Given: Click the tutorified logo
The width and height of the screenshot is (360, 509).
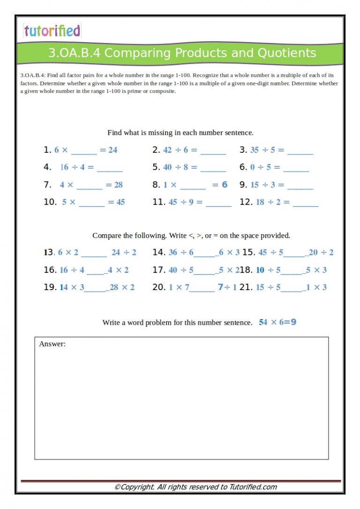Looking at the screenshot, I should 52,31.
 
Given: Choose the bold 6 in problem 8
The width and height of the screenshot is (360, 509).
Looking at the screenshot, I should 225,185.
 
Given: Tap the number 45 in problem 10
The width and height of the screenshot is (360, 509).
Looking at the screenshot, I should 120,202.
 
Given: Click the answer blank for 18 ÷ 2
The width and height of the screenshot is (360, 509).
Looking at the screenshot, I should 305,203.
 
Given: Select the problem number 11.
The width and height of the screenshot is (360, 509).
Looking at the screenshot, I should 158,202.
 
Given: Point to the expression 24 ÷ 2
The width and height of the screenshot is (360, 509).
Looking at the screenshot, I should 124,253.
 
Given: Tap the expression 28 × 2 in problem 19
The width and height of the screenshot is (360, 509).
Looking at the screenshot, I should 122,287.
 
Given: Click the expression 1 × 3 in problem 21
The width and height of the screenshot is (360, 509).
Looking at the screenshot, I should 316,287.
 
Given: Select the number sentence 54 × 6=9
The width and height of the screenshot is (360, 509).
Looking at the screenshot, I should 277,322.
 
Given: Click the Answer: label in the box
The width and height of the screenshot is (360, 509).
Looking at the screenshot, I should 52,344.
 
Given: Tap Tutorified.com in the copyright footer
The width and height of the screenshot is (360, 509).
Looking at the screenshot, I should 253,487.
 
